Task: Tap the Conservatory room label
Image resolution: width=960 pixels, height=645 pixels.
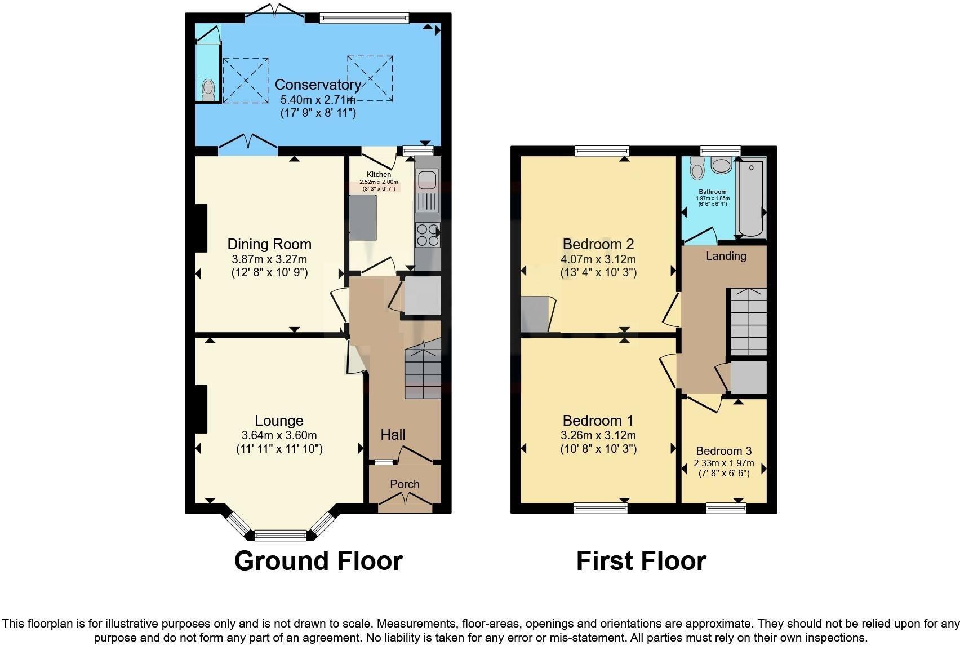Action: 318,85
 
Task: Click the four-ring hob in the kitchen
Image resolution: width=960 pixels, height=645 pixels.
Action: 427,235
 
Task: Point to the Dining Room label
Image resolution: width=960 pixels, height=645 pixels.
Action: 269,244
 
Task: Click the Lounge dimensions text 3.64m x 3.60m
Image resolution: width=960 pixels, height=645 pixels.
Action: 279,435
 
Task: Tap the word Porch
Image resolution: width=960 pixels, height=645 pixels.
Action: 405,484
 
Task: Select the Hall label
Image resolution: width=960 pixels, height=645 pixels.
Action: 393,435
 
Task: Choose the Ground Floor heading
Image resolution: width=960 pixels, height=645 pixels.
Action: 318,561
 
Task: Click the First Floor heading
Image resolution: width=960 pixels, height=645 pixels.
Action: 641,561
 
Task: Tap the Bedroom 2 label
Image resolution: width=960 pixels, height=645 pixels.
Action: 598,244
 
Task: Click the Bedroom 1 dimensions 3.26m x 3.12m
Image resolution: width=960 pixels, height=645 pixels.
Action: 598,435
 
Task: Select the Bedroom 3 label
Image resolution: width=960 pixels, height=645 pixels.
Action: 724,451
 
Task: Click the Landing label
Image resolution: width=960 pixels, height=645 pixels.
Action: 726,256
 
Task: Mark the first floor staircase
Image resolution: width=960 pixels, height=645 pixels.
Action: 748,321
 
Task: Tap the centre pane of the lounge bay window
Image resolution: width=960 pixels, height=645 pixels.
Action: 280,534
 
